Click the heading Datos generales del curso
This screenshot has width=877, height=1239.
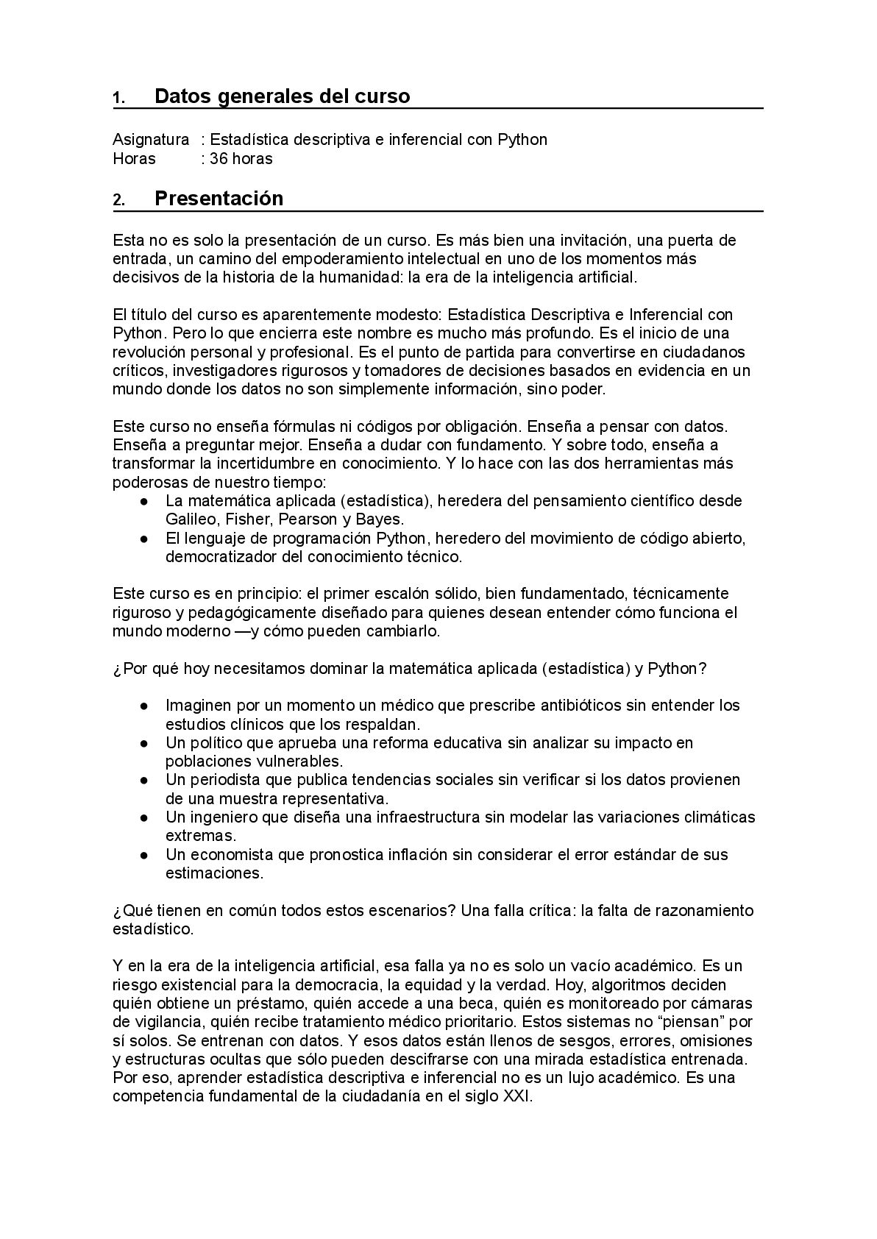(282, 96)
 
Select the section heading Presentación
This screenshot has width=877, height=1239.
(219, 199)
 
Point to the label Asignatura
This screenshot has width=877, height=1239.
(150, 140)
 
